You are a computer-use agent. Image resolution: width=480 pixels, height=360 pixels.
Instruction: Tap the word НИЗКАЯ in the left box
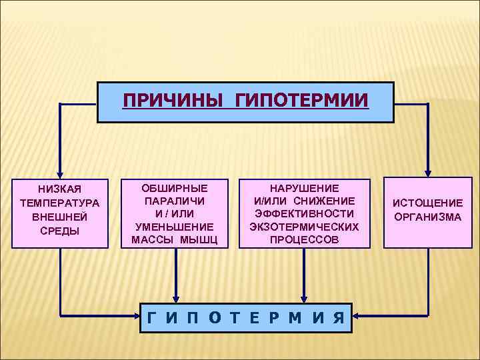(59, 189)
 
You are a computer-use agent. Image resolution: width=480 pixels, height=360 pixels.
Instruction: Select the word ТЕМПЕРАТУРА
(59, 203)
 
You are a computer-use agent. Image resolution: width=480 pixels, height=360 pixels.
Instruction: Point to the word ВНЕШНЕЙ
(59, 217)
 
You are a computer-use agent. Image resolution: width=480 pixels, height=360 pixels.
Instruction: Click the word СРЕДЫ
(59, 231)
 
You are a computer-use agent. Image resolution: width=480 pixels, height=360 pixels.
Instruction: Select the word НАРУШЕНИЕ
(304, 189)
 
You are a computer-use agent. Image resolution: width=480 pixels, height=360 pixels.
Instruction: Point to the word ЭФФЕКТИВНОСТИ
(304, 214)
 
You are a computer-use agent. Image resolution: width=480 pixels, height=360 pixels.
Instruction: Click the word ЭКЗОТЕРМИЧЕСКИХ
(304, 227)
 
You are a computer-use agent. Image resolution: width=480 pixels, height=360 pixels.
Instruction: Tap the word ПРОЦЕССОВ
(304, 239)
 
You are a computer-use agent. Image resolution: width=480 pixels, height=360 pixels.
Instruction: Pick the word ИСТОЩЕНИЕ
(427, 203)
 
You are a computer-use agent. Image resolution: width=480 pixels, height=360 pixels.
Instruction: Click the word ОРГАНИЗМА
(427, 217)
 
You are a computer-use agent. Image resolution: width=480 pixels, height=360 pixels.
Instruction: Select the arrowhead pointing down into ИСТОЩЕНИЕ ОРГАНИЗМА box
(428, 173)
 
